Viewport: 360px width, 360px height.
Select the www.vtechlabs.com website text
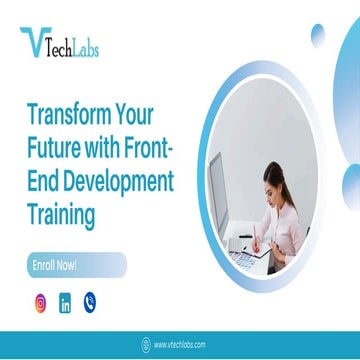coord(180,345)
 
